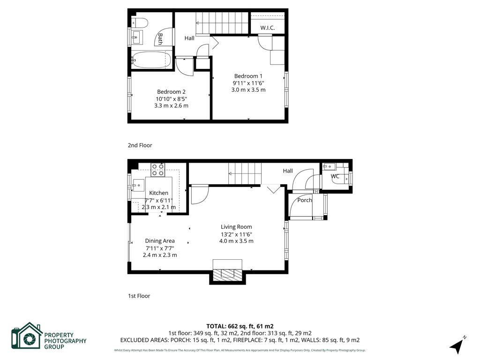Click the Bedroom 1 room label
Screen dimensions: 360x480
248,76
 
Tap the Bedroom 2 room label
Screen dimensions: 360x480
171,91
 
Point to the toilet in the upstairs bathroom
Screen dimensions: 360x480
140,22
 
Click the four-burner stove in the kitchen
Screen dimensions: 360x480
157,169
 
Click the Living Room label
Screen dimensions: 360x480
236,227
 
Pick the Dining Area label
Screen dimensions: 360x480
159,241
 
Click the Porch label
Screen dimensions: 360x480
305,200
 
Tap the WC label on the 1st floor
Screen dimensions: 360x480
335,176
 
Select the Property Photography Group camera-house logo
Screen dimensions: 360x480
27,336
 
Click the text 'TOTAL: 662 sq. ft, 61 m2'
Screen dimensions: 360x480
240,326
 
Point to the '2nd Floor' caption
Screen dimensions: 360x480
140,145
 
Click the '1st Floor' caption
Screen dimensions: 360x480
139,296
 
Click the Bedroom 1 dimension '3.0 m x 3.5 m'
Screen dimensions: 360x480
248,90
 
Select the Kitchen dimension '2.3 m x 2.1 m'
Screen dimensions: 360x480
159,207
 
